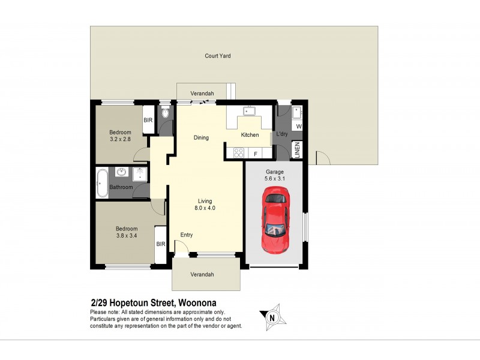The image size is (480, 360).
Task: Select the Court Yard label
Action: (218, 56)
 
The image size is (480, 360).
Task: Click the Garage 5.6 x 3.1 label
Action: (275, 175)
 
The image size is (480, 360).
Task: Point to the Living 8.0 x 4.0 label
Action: (205, 205)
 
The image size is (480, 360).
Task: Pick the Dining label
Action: (201, 137)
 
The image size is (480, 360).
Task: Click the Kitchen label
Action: (250, 135)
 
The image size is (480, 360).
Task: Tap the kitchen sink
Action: (248, 111)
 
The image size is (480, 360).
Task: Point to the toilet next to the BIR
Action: (165, 112)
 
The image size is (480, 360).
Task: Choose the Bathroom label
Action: (121, 187)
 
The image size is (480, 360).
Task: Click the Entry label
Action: (187, 235)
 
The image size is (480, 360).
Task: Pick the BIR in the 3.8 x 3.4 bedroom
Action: (161, 244)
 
